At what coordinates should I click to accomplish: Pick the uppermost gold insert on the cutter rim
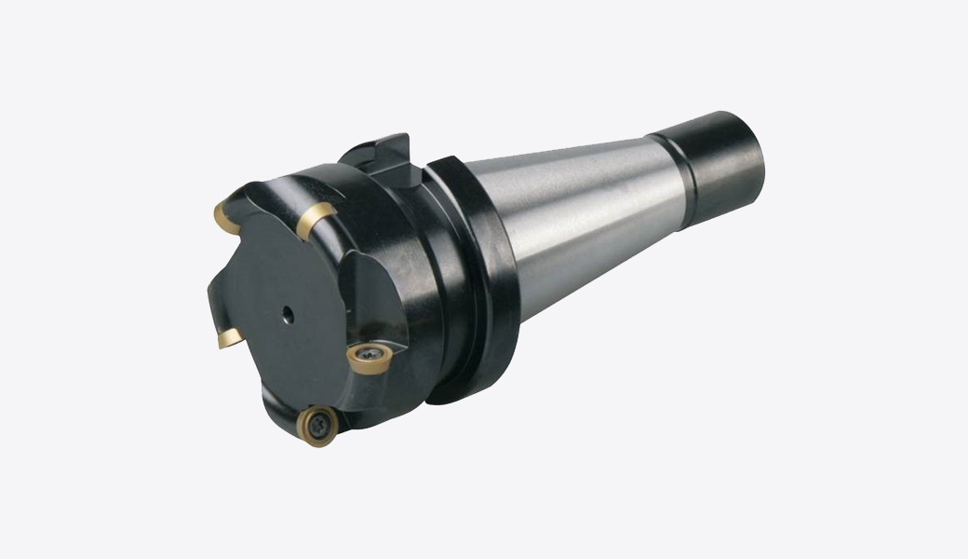point(315,217)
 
